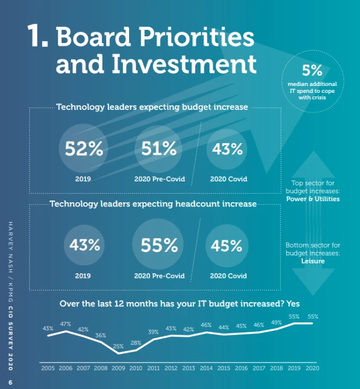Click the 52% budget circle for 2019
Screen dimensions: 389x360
(84, 149)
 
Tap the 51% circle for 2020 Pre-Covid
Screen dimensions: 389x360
(159, 149)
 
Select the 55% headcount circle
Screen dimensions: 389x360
(159, 245)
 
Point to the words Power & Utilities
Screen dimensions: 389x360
(313, 199)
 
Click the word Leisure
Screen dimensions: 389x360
(312, 261)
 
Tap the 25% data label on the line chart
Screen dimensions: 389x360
(118, 346)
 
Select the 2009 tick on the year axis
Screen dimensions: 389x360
(118, 368)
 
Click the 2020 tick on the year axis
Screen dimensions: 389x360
(313, 368)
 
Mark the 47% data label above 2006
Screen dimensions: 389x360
(66, 324)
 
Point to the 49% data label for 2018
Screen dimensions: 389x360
(277, 322)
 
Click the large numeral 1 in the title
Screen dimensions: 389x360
(38, 36)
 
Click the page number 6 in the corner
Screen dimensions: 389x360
(10, 382)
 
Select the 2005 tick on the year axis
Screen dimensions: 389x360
(48, 368)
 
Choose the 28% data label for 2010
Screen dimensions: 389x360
(136, 343)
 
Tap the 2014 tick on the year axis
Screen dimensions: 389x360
(206, 368)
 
